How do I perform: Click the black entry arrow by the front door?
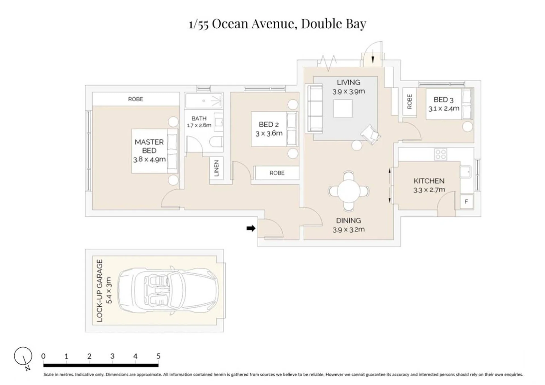[251, 228]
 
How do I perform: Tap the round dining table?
[349, 191]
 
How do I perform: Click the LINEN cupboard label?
[216, 168]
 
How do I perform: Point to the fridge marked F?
[466, 202]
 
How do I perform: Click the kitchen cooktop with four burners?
[440, 154]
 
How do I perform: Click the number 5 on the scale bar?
[158, 356]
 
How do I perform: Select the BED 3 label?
[443, 100]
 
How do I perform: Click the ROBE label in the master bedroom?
[135, 99]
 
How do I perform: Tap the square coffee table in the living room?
[343, 108]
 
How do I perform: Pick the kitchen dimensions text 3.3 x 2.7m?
[429, 190]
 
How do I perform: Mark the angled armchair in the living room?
[370, 134]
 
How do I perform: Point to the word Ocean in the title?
[230, 24]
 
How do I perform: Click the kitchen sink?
[465, 172]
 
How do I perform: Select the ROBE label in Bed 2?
[277, 173]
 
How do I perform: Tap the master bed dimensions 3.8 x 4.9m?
[149, 159]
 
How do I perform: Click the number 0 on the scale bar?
[43, 356]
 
